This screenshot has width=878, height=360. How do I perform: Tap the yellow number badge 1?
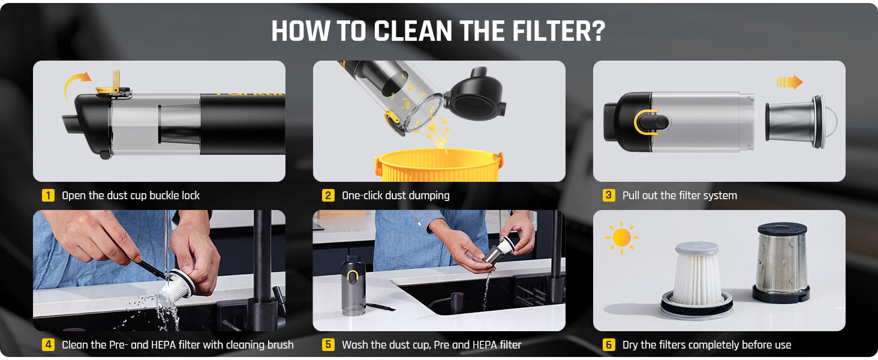(48, 195)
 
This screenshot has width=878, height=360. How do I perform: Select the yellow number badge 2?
(328, 195)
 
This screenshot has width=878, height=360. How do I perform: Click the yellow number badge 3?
(608, 195)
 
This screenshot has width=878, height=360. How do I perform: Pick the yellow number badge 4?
(48, 345)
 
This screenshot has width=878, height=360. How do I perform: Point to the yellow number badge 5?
(328, 345)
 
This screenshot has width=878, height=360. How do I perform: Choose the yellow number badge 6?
(608, 345)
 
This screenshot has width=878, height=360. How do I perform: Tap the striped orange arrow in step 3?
(790, 82)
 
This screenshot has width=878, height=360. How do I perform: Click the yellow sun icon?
(622, 238)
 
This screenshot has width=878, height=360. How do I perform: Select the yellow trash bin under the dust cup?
(438, 165)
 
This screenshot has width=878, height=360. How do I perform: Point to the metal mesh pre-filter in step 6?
(781, 262)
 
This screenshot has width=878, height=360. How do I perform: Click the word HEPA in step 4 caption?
(164, 345)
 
